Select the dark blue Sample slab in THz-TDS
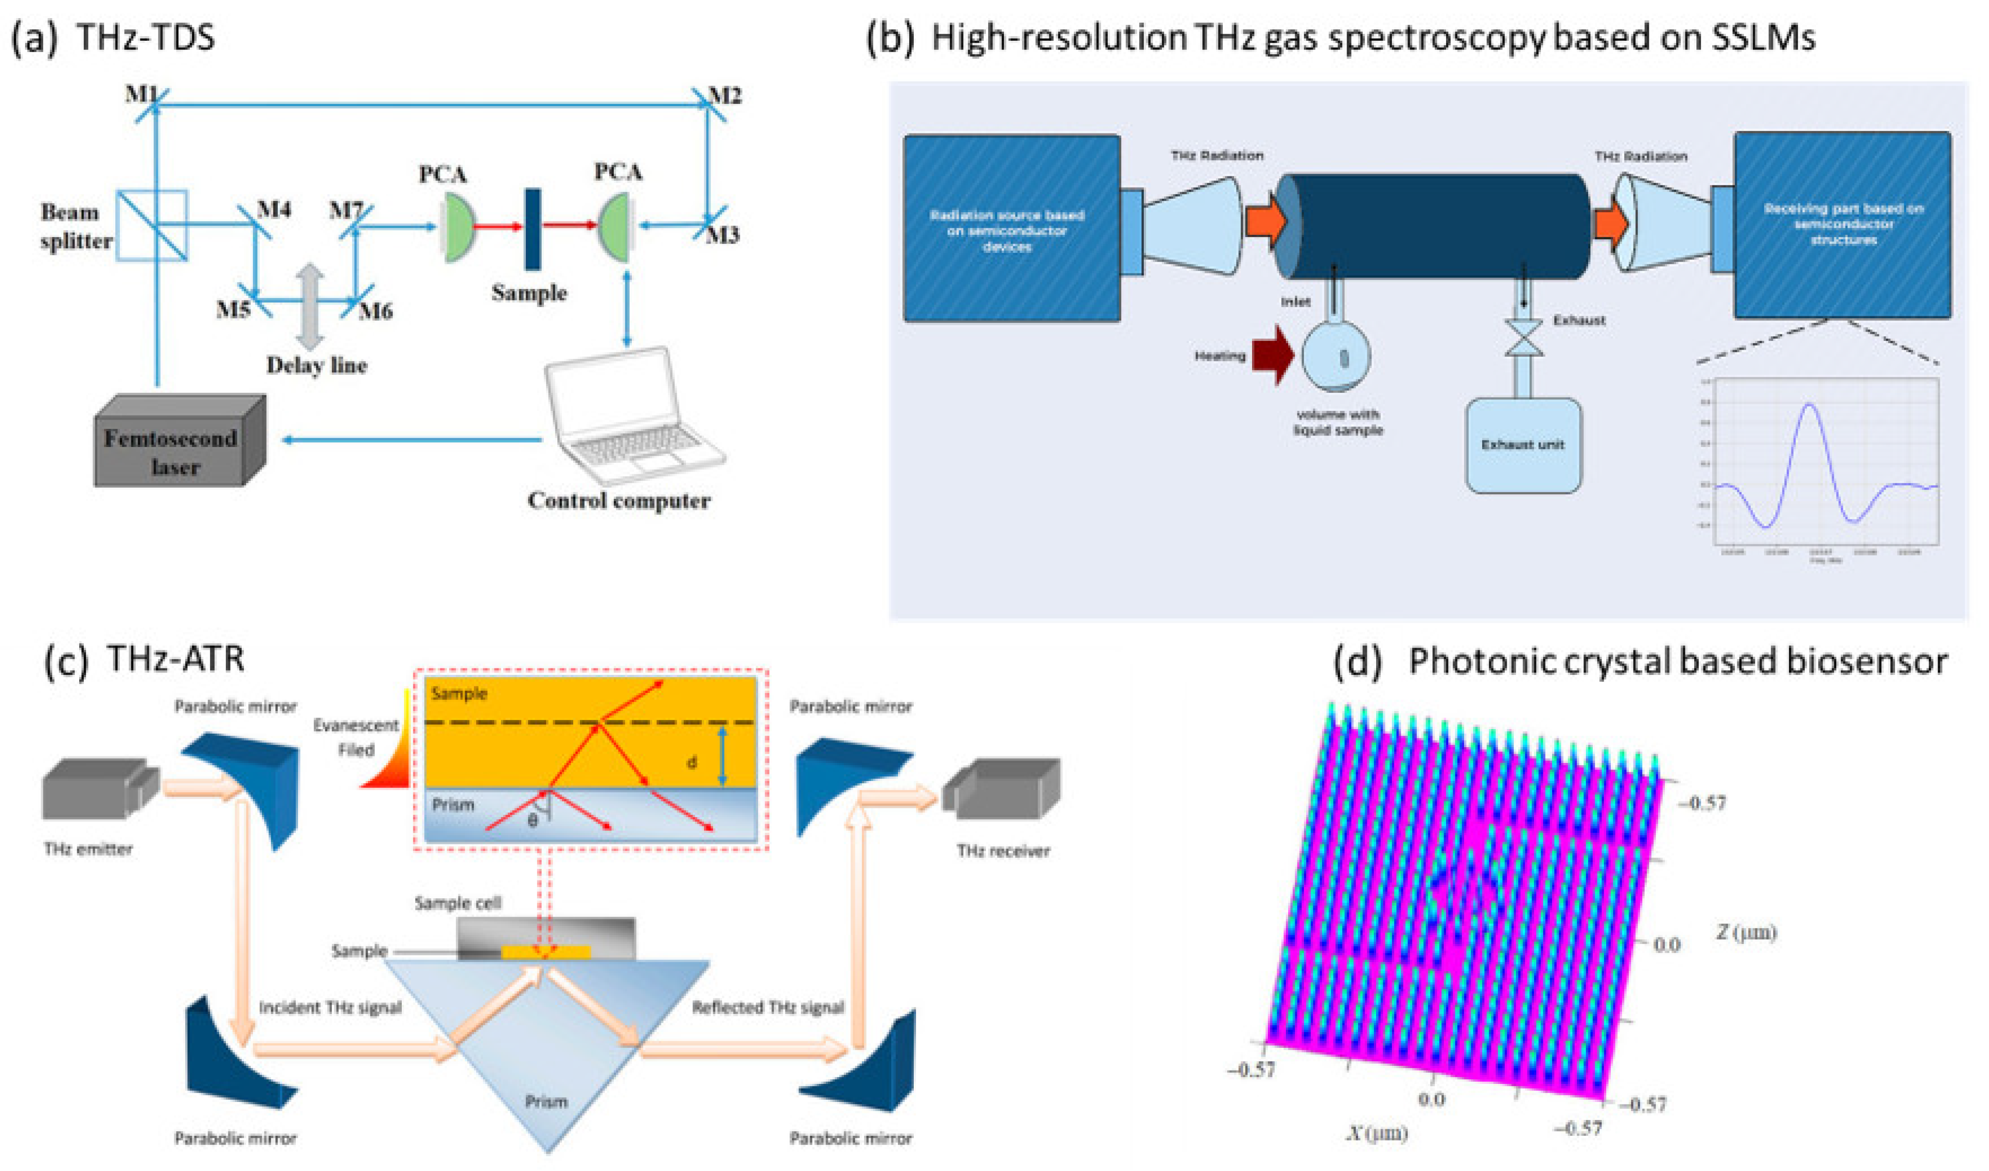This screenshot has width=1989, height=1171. coord(533,229)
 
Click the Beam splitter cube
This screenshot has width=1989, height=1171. coord(152,225)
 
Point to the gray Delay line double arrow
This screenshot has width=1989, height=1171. coord(310,306)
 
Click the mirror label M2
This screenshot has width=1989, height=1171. coord(724,96)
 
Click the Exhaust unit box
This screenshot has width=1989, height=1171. coord(1522,445)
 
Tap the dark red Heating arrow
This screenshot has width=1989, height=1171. coord(1273,355)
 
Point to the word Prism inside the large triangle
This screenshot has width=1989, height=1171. coord(546,1101)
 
